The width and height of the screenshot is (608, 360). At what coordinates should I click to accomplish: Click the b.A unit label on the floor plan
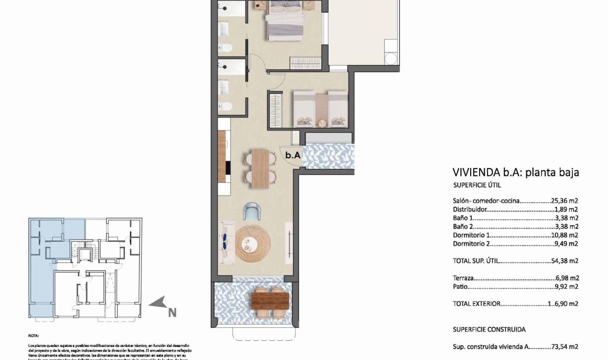tap(293, 156)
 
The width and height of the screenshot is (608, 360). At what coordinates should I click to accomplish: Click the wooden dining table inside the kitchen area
tap(260, 168)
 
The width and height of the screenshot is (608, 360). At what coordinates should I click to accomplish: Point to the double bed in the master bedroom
tap(285, 20)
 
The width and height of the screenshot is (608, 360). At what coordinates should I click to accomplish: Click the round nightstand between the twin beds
tap(322, 122)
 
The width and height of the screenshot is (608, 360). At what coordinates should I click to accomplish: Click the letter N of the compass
tap(172, 313)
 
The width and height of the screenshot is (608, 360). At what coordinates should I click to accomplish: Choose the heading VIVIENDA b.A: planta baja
tap(515, 173)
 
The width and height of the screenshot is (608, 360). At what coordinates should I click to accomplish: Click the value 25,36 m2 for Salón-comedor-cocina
tap(565, 201)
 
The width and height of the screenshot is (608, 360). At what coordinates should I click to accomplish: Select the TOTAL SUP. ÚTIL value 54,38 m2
tap(565, 261)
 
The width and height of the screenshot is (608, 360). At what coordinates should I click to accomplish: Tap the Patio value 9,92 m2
tap(567, 287)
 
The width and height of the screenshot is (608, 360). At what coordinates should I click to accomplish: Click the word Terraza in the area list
tap(463, 279)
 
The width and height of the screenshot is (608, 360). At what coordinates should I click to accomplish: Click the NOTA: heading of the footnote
tap(34, 335)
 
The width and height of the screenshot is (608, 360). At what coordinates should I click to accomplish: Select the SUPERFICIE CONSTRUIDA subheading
tap(489, 329)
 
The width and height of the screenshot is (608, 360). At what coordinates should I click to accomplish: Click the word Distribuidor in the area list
tap(470, 209)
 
